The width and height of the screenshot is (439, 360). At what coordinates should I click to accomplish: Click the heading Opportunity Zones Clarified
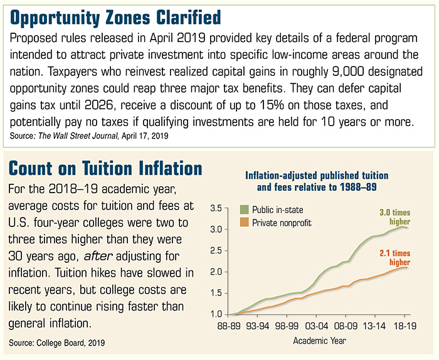(x=115, y=18)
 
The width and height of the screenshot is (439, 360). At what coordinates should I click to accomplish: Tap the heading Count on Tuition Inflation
(x=105, y=168)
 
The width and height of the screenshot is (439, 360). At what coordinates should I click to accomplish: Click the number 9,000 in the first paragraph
(x=348, y=72)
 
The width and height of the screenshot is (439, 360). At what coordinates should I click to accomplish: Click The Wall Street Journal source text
(x=78, y=136)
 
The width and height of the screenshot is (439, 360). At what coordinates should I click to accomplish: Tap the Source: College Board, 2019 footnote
(x=57, y=343)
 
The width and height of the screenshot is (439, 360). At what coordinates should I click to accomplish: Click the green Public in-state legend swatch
(x=244, y=209)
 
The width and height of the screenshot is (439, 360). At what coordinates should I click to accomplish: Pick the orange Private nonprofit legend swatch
(x=244, y=223)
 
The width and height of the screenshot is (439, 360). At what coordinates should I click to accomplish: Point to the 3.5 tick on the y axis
(x=216, y=209)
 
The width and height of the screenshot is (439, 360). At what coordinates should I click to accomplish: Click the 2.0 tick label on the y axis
(x=216, y=272)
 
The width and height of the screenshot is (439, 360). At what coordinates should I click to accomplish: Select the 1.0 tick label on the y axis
(x=216, y=314)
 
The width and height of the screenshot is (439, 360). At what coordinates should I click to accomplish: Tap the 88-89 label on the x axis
(x=230, y=326)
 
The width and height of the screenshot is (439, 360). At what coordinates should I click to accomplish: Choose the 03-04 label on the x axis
(x=316, y=326)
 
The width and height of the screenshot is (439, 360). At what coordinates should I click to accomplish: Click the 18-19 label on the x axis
(x=405, y=326)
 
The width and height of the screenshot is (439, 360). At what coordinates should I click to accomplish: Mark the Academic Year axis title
(x=319, y=341)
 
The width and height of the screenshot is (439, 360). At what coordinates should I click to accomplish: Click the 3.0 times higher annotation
(x=394, y=217)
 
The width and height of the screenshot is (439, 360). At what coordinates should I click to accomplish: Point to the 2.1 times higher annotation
(x=394, y=258)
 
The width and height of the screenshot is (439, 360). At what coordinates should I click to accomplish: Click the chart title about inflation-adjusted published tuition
(x=317, y=181)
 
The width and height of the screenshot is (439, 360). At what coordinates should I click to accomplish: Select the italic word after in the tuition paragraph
(x=98, y=256)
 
